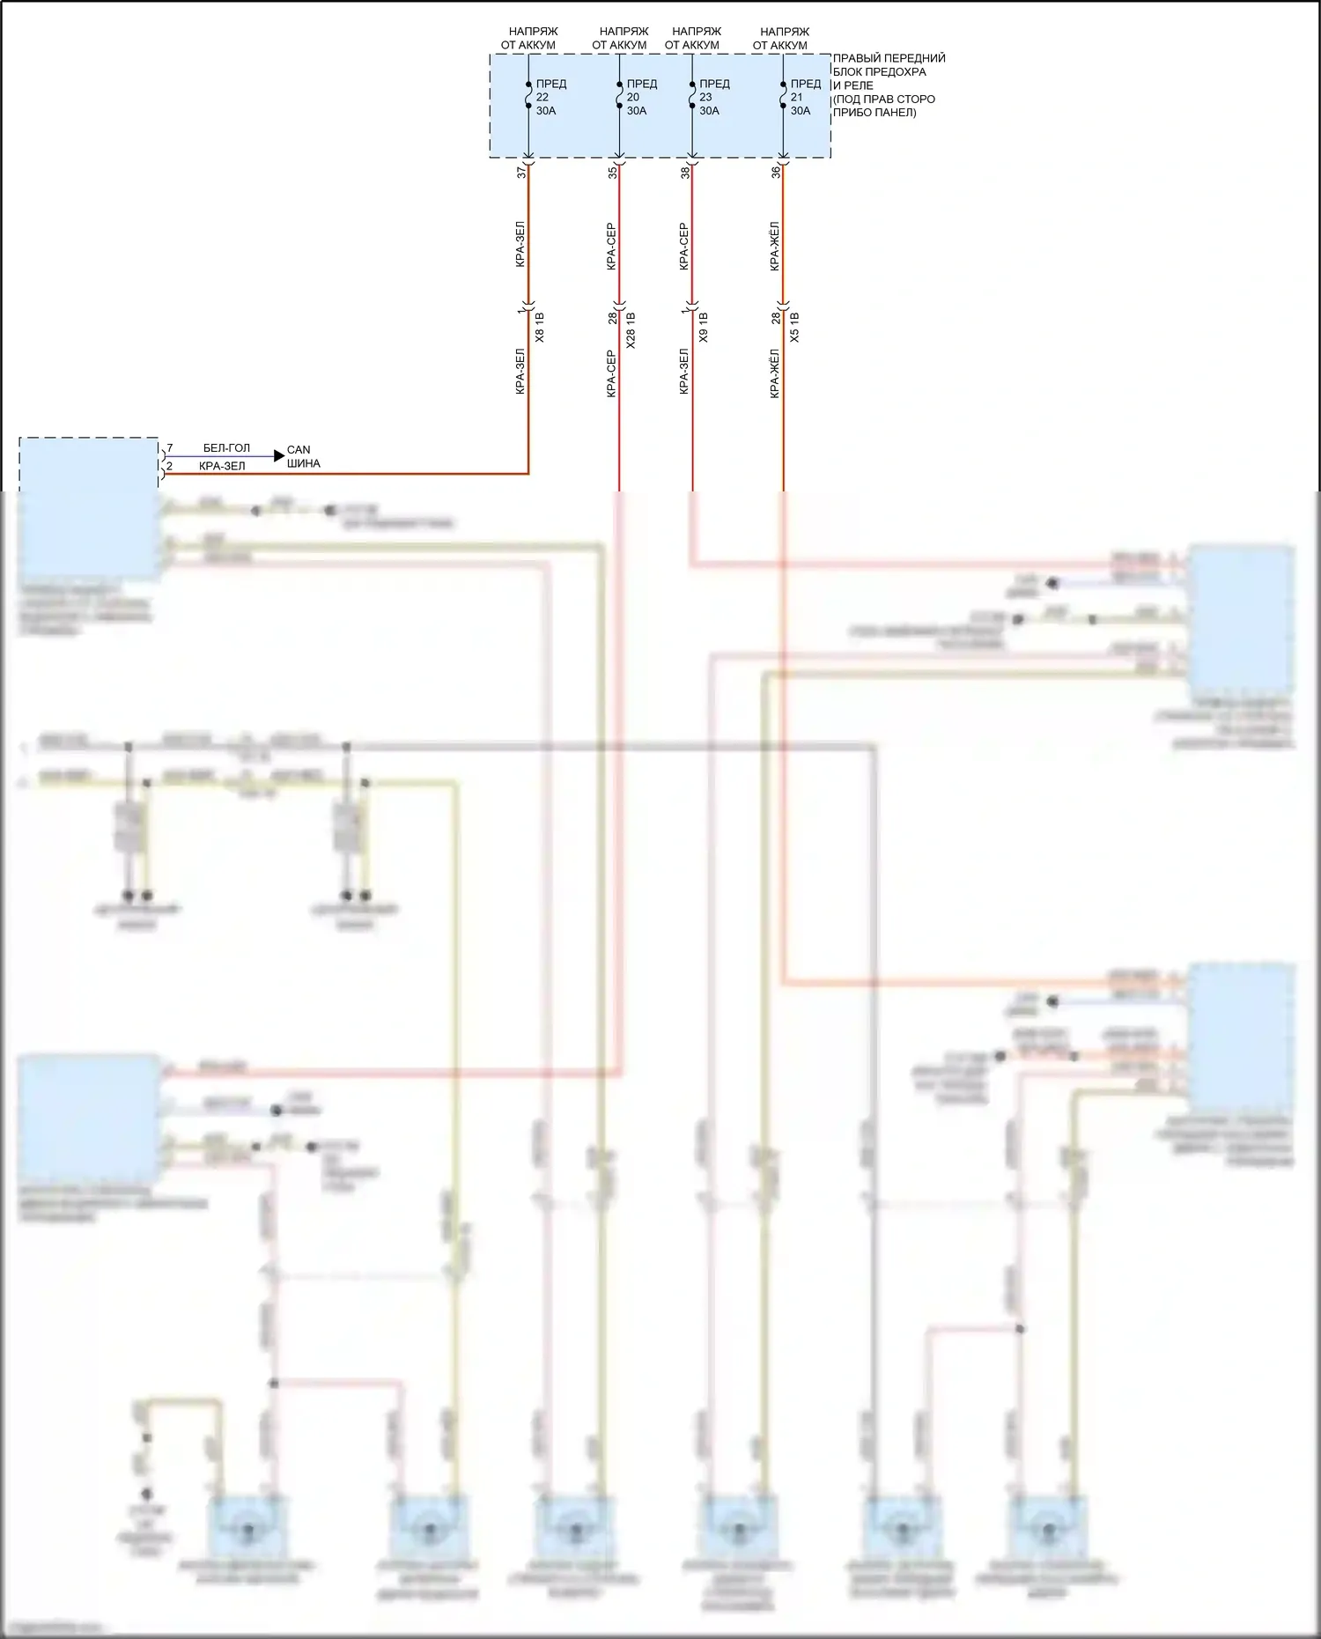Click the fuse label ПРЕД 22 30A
(x=550, y=97)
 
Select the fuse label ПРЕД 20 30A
(x=641, y=97)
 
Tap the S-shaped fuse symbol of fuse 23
(x=692, y=95)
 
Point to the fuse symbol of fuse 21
(x=783, y=95)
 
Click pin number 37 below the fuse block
(x=521, y=173)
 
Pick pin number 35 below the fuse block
(x=613, y=173)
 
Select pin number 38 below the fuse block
(x=685, y=173)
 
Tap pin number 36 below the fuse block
(x=776, y=173)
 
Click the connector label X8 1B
(x=540, y=327)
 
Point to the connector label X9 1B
(x=703, y=327)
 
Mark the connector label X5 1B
(x=794, y=327)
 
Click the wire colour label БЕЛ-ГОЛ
(x=226, y=448)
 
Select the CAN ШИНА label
(x=303, y=456)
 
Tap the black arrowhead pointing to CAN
(x=279, y=455)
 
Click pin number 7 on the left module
(x=169, y=448)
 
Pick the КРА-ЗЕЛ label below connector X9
(x=684, y=371)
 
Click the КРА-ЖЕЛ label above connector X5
(x=775, y=246)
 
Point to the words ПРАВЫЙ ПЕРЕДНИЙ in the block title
(x=889, y=58)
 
